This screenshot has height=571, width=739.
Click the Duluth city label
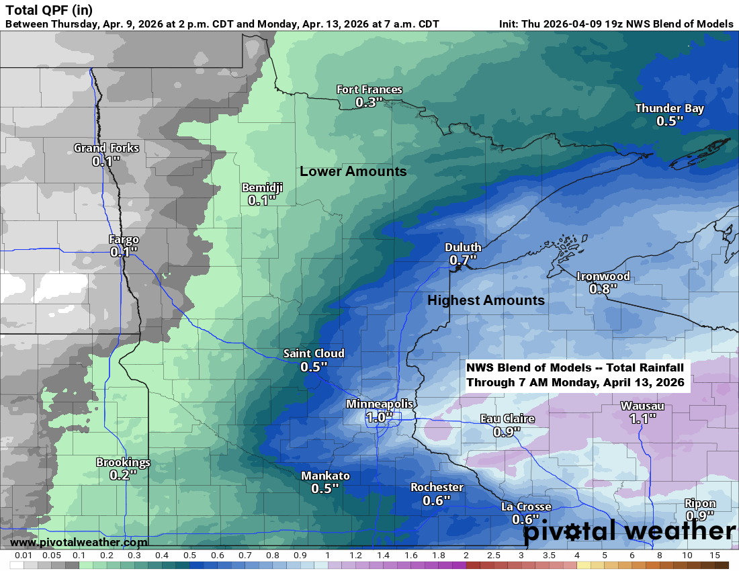[x=463, y=247]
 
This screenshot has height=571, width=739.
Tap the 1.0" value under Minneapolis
[x=379, y=416]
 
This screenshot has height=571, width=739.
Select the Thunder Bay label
[x=669, y=109]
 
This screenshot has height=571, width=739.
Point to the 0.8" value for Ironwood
[x=603, y=288]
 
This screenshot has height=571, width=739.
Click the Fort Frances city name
[x=369, y=90]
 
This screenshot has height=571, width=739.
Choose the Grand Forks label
[x=106, y=148]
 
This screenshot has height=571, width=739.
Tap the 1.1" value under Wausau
[x=642, y=419]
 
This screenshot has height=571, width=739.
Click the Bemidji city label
[x=262, y=188]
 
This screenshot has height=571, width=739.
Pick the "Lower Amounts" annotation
[x=353, y=171]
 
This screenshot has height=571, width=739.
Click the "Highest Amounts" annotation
[x=486, y=300]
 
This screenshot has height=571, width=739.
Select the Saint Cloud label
[x=314, y=353]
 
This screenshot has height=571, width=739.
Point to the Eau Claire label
[x=507, y=419]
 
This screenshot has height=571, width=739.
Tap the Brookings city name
[x=123, y=462]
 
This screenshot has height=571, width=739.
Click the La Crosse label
[x=526, y=507]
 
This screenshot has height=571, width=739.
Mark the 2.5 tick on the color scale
[x=493, y=556]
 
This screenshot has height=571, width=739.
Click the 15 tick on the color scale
[x=715, y=556]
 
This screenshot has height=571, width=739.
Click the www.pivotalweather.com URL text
[x=79, y=542]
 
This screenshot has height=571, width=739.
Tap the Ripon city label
[x=699, y=504]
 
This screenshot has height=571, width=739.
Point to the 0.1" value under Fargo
[x=124, y=251]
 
